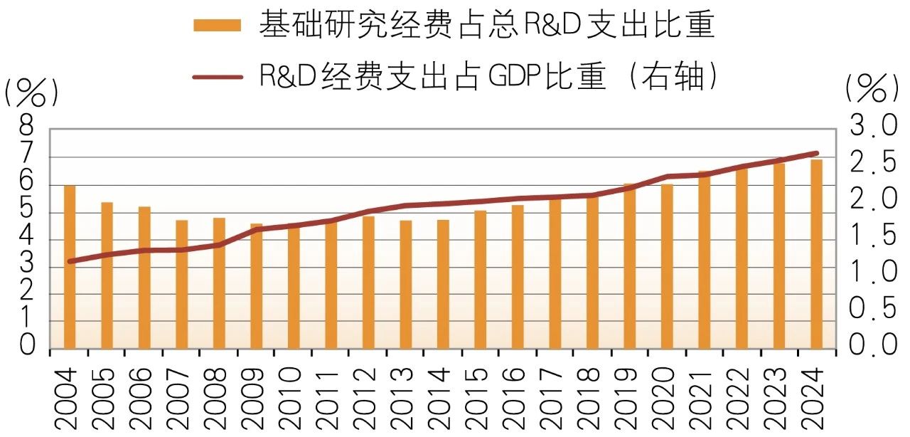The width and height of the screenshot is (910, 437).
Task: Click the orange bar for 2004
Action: click(x=70, y=267)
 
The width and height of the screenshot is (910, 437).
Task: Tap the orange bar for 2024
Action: click(x=816, y=254)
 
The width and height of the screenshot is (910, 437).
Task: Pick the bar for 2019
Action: click(x=629, y=266)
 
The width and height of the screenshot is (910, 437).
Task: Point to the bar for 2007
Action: click(x=181, y=285)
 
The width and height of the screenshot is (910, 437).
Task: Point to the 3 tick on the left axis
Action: click(x=27, y=266)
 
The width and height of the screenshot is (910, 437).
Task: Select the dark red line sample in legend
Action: click(x=218, y=77)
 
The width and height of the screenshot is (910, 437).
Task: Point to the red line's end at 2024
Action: click(x=816, y=153)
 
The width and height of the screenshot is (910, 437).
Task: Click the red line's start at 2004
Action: click(x=70, y=261)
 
